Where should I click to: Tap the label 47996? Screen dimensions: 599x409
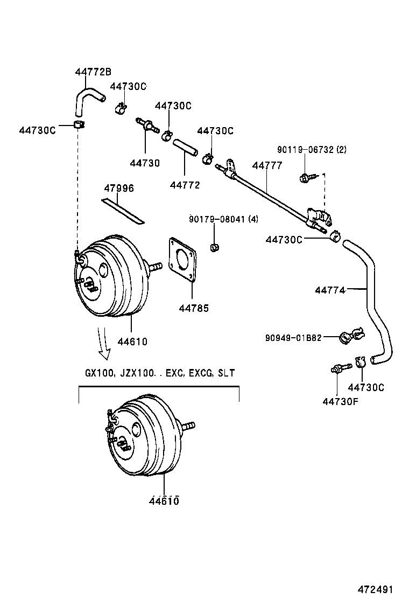click(x=119, y=188)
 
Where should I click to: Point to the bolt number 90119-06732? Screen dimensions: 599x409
click(x=305, y=150)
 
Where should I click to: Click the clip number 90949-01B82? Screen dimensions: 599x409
click(x=293, y=338)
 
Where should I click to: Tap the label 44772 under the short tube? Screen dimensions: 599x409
click(x=185, y=185)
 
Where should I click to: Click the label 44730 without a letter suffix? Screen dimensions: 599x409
click(x=145, y=163)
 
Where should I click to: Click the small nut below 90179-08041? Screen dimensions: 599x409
click(x=214, y=248)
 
